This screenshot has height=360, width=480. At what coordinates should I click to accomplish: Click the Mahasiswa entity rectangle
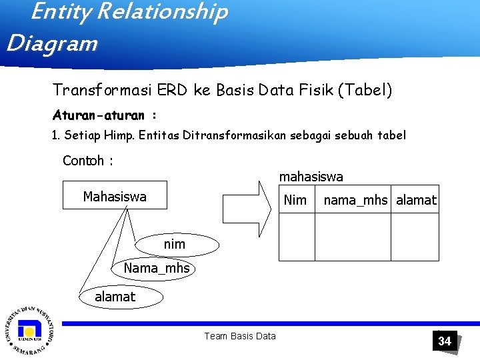(x=115, y=196)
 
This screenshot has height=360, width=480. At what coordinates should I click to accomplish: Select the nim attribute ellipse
(x=175, y=245)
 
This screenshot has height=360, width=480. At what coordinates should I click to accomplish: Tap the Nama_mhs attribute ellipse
(x=157, y=269)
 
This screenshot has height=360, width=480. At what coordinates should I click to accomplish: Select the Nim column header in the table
(x=295, y=199)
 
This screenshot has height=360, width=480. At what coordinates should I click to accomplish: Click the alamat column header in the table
(x=416, y=199)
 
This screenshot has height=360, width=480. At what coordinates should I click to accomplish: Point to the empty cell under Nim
(x=297, y=236)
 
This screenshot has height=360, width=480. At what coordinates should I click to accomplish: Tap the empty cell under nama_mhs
(x=353, y=236)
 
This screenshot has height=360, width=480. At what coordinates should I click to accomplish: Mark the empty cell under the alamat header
(x=415, y=236)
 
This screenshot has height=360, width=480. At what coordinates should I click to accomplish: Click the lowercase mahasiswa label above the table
(x=311, y=177)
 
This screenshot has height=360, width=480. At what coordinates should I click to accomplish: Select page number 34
(x=445, y=341)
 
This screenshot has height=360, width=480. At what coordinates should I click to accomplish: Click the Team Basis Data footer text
(x=240, y=336)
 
